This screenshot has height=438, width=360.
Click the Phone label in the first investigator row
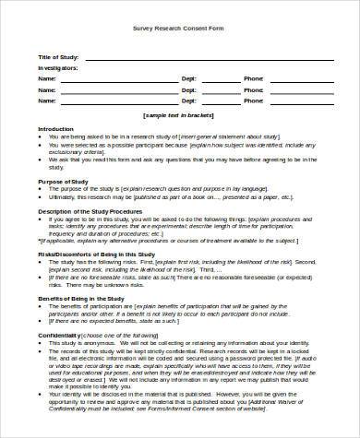[x=253, y=79]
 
